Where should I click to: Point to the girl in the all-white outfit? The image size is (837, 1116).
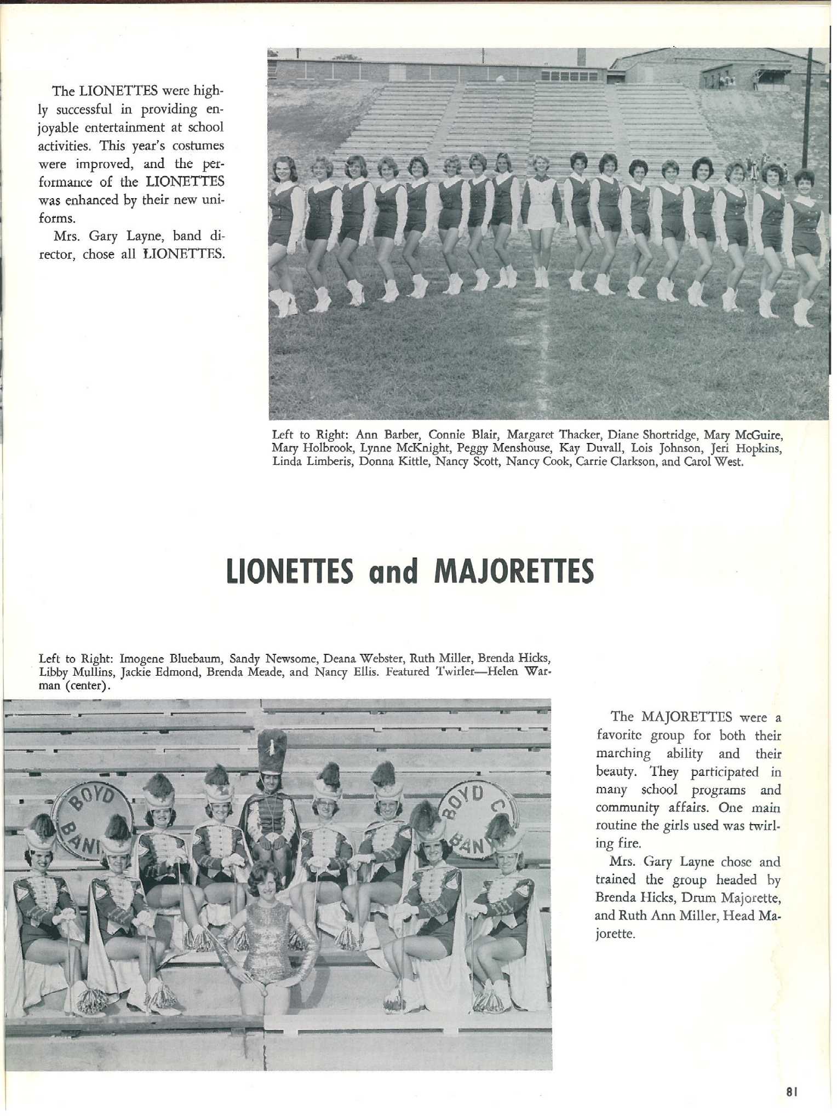click(541, 208)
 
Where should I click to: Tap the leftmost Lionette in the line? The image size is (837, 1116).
click(283, 230)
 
